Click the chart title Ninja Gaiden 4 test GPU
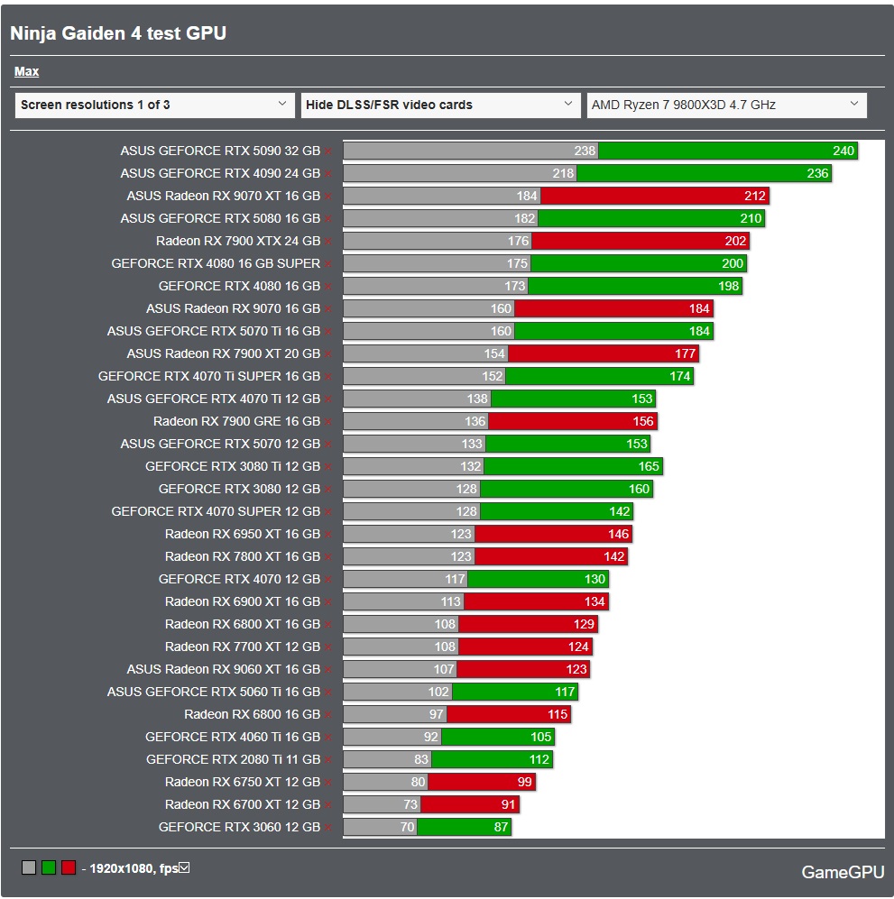117,33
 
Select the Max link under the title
26,71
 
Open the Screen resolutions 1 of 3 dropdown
154,105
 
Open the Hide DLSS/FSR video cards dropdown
440,105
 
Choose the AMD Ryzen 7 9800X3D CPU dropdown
726,105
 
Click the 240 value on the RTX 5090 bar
843,151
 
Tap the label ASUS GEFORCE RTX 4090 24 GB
220,173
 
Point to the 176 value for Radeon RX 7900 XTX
518,241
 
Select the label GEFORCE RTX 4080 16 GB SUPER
216,263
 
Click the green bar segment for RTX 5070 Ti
613,331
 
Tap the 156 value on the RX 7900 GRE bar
643,421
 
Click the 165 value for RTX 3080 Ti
649,466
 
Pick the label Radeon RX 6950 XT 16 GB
243,534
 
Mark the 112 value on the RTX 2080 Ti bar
539,759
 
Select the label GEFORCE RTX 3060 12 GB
239,827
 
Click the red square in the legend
68,867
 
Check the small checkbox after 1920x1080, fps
184,867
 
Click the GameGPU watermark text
843,872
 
